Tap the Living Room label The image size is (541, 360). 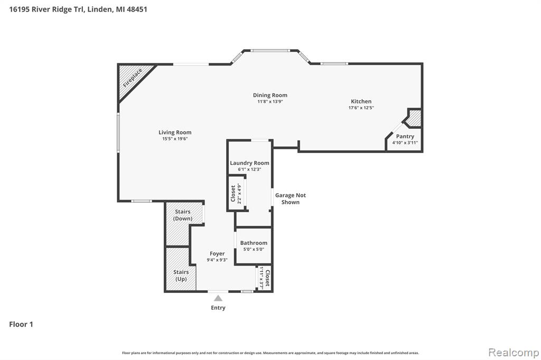175,132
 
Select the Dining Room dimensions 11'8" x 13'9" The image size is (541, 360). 270,102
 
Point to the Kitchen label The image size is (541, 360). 361,101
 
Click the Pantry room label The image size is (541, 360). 405,136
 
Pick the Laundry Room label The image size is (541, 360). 249,163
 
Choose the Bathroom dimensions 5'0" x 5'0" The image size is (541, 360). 254,249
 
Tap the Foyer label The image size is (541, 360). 217,254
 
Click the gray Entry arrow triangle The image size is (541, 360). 218,298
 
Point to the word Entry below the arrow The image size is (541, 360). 218,308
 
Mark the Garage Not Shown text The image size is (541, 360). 291,198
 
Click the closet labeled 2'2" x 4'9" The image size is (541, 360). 237,193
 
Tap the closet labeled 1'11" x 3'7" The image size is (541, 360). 265,278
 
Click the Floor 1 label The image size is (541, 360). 21,324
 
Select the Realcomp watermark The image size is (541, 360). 514,353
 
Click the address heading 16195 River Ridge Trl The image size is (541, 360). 46,10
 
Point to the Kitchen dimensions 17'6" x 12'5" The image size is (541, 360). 361,108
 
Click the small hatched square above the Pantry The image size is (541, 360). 414,118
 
